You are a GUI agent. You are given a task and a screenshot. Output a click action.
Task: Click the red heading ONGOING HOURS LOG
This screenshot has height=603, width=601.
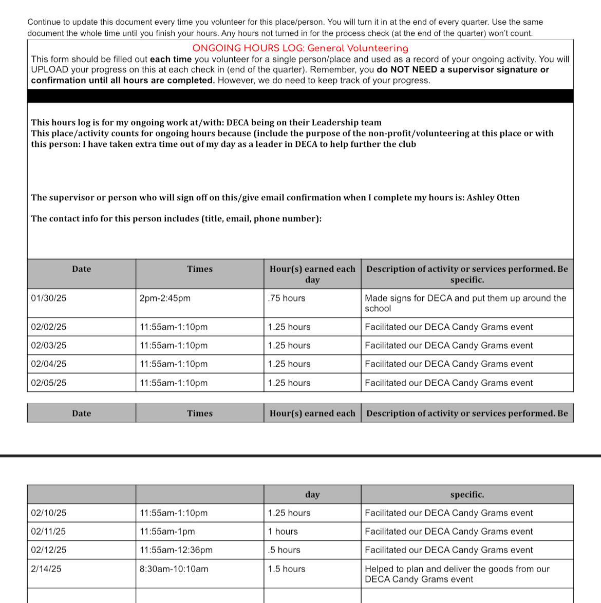tap(300, 48)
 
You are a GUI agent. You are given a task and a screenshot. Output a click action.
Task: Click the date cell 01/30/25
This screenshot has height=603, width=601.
tap(49, 298)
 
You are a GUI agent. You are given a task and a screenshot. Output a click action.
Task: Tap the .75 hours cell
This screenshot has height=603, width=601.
tap(287, 298)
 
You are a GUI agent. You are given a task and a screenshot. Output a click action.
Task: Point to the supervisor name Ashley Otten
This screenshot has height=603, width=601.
tap(493, 198)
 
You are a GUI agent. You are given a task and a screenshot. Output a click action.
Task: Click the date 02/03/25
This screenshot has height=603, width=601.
tap(49, 346)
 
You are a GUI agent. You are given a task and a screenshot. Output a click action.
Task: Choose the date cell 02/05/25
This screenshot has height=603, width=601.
tap(49, 383)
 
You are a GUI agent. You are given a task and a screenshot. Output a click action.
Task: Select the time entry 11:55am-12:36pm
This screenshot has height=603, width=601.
tap(176, 550)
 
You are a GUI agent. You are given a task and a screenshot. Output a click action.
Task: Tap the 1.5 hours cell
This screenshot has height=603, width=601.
tap(287, 569)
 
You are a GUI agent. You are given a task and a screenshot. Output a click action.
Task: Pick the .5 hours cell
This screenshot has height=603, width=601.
tap(284, 550)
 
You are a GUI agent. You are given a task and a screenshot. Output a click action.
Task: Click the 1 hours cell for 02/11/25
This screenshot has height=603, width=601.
tap(283, 532)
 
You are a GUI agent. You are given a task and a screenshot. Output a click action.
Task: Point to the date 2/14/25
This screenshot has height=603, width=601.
tap(46, 569)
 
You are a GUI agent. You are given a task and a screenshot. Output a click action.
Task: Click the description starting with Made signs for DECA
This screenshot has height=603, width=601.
tap(465, 303)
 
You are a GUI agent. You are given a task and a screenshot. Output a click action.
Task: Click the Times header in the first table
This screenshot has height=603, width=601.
tap(200, 269)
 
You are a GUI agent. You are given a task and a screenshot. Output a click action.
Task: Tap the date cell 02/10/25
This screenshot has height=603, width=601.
tap(49, 513)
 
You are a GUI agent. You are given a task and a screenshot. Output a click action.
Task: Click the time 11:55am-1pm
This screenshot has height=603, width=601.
tap(167, 532)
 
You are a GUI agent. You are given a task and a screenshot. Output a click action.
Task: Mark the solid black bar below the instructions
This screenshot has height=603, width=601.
tap(300, 96)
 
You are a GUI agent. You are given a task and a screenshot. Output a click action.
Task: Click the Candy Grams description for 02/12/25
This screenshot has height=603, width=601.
tap(448, 550)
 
